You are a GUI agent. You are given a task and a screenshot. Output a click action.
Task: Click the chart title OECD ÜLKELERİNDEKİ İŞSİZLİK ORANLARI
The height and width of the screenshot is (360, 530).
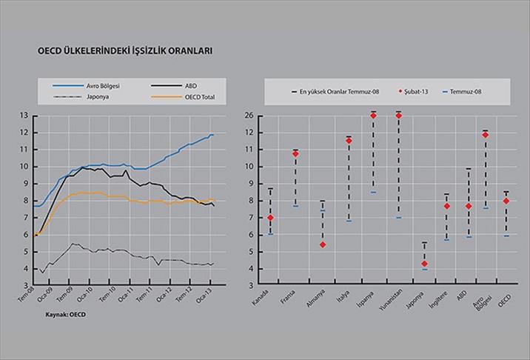coord(127,53)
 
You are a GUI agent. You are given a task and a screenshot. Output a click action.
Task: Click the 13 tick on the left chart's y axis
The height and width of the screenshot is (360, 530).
coord(24,116)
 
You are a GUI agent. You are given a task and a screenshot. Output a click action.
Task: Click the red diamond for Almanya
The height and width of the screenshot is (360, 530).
coord(322,244)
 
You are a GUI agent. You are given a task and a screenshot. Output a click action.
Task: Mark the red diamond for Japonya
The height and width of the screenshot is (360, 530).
coord(424,264)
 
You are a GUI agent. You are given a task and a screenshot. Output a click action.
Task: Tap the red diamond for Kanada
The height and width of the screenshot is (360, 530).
coord(271,219)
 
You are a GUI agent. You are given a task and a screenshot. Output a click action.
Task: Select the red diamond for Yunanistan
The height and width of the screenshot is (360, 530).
coord(399,116)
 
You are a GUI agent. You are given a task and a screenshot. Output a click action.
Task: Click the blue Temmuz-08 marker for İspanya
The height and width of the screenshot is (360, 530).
coord(373,192)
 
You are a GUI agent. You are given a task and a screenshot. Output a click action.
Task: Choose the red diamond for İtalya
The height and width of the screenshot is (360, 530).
coord(348,140)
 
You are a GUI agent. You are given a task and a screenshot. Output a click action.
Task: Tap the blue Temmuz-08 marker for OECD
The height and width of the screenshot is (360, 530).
coord(506,236)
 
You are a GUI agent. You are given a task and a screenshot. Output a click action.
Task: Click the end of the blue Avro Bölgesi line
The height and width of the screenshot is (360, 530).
coord(213,135)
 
